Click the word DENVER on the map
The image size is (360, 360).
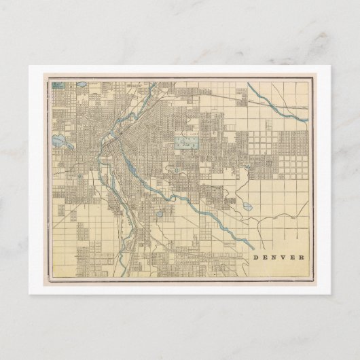point(279,257)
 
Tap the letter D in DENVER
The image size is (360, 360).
point(255,257)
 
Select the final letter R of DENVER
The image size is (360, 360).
point(303,257)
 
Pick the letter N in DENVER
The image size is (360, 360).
point(274,257)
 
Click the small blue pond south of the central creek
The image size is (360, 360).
point(158,217)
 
